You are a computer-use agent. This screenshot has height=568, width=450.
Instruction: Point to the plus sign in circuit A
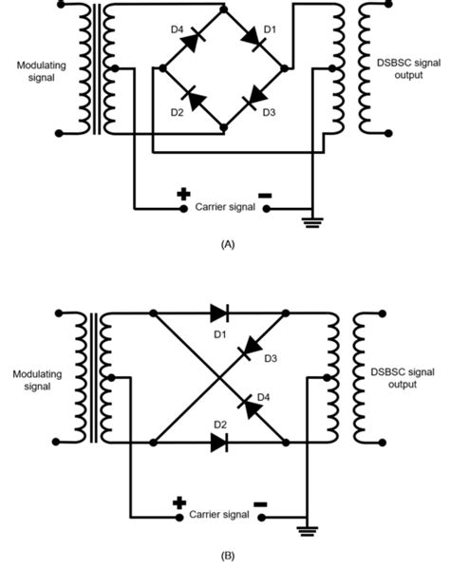183,195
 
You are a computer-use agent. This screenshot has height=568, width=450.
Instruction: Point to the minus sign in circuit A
265,195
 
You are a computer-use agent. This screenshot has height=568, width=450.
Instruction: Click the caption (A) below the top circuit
226,244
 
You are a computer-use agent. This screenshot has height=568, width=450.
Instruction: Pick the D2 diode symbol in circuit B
219,441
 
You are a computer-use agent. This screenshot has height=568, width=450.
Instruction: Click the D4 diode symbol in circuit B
251,404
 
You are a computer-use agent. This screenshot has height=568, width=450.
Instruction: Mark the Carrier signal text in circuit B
220,515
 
